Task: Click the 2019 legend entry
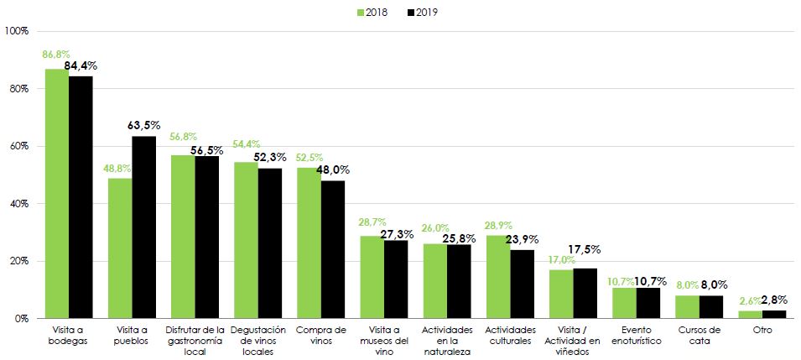[x=424, y=13]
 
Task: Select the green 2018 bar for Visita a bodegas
[x=57, y=193]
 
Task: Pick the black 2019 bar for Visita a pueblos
[x=144, y=227]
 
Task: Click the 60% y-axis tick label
[x=18, y=146]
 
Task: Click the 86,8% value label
[x=55, y=55]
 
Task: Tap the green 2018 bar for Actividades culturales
[x=498, y=277]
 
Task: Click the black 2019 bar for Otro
[x=774, y=315]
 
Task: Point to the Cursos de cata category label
[x=699, y=336]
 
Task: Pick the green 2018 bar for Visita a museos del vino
[x=372, y=277]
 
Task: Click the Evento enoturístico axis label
[x=636, y=336]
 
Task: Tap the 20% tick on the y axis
[x=18, y=261]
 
